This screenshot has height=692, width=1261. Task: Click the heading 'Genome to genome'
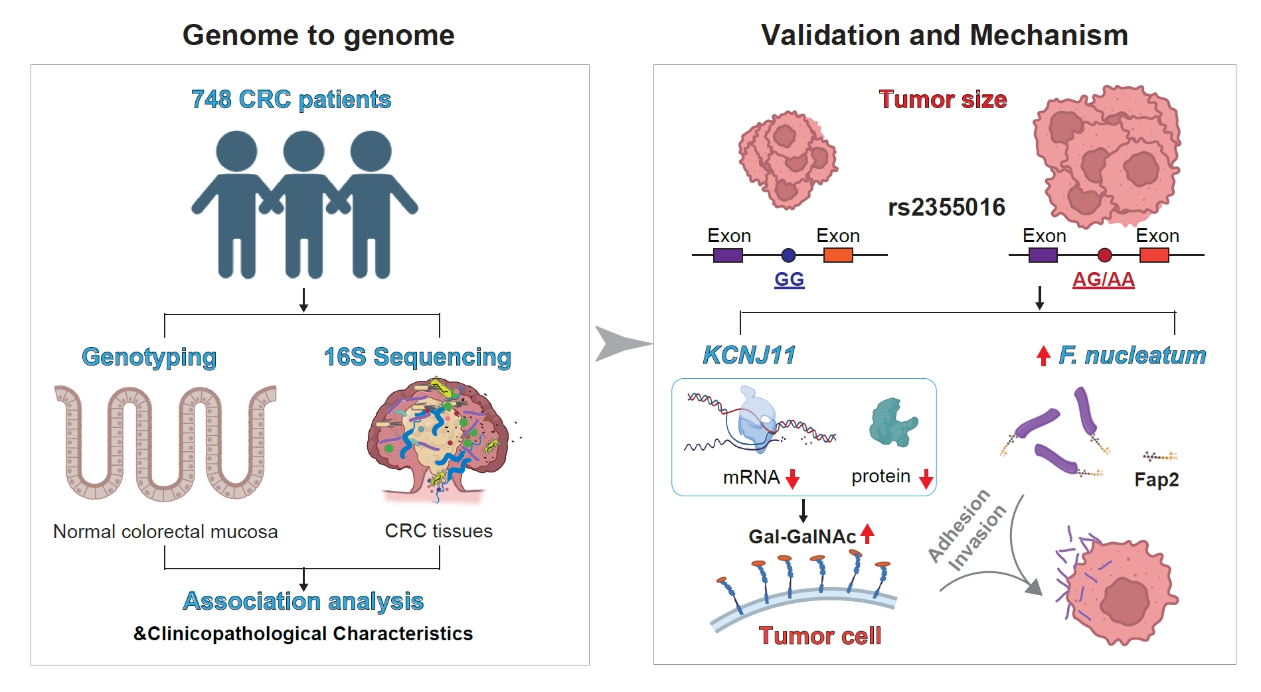point(319,36)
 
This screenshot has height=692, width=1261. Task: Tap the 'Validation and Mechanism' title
point(944,35)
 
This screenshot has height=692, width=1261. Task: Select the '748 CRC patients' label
point(291,100)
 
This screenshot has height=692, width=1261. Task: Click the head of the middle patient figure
point(304,151)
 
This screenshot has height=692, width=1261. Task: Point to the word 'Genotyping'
point(149,358)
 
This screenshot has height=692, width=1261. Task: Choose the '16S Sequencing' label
point(418,358)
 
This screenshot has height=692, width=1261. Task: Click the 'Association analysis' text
point(303,601)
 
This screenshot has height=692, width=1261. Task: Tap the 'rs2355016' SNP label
point(947,208)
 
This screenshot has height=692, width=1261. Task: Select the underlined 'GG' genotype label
point(789,279)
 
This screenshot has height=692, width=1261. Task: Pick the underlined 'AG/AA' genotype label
point(1104,279)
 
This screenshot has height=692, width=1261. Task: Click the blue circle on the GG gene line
point(788,255)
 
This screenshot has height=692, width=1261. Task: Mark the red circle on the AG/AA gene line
point(1104,255)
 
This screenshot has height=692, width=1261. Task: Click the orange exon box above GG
point(838,255)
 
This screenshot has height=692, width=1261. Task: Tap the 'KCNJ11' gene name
point(749,356)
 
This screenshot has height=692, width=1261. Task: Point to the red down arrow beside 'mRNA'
point(792,478)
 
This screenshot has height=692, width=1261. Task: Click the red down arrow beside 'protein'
point(926,478)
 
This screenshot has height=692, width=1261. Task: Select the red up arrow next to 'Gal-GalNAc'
point(867,533)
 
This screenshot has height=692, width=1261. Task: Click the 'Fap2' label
point(1157,480)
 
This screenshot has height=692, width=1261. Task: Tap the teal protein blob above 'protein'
point(893,422)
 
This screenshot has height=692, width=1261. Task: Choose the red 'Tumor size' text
point(943,100)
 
